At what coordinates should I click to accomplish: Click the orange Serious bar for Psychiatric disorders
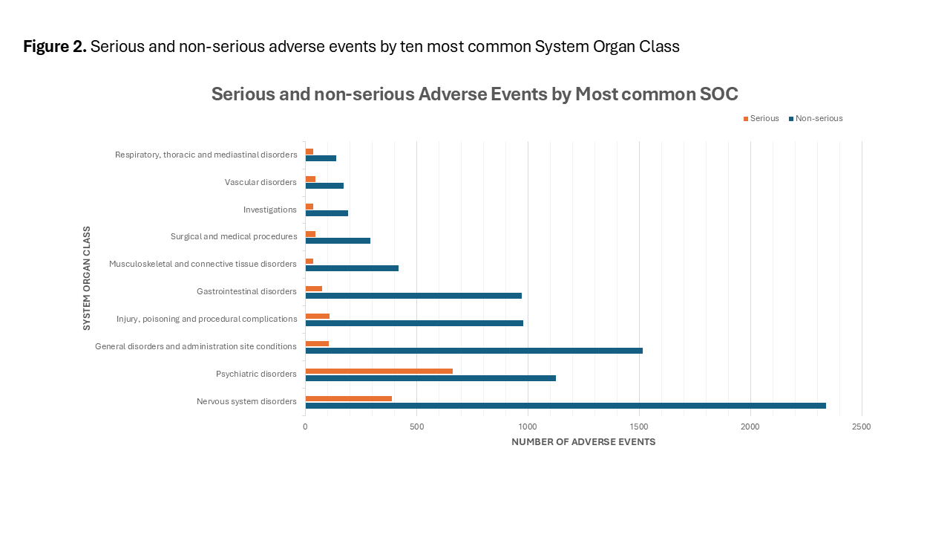(379, 371)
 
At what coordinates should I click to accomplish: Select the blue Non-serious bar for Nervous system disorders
(566, 406)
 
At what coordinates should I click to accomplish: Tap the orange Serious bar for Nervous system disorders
(349, 399)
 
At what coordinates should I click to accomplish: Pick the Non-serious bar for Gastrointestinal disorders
(413, 296)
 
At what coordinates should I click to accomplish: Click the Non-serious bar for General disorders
(474, 351)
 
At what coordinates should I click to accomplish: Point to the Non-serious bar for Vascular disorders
(324, 186)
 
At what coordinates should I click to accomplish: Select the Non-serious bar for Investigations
(327, 213)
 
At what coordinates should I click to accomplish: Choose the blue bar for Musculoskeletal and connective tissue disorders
(352, 268)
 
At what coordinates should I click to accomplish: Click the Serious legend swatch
(746, 119)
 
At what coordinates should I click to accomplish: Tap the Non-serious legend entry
(816, 118)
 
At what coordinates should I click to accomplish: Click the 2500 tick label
(862, 427)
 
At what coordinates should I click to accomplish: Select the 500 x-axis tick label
(416, 427)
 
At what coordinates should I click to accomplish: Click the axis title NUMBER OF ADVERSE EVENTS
(583, 442)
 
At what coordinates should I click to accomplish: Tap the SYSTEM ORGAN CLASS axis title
(87, 278)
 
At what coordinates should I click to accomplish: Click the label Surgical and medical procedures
(234, 236)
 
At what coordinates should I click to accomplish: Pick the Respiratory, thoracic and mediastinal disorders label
(206, 155)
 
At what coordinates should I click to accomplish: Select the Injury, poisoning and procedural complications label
(207, 319)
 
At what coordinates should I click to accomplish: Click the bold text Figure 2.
(55, 46)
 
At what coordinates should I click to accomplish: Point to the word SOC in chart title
(719, 94)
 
